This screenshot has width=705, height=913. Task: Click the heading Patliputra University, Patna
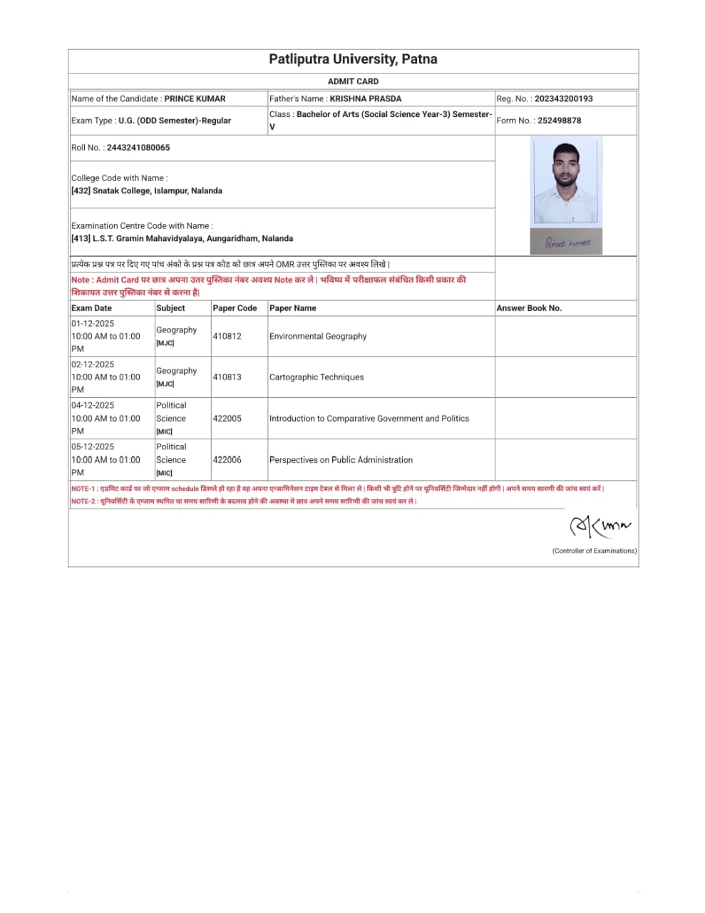[x=353, y=59]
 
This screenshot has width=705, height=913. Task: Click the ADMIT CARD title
[x=353, y=81]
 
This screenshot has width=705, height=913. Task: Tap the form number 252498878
[x=559, y=121]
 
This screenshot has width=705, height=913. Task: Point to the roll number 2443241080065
[x=138, y=148]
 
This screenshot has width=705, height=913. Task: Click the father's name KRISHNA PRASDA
[x=365, y=98]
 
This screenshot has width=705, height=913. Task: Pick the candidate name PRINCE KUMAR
[x=195, y=98]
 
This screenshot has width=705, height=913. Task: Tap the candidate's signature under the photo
[x=567, y=243]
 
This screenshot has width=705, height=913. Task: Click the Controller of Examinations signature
[x=599, y=527]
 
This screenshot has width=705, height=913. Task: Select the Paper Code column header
[x=235, y=308]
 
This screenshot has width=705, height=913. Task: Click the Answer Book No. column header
[x=529, y=308]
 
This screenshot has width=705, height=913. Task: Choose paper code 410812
[x=227, y=336]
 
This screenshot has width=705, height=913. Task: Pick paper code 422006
[x=227, y=460]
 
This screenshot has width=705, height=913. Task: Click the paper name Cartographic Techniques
[x=317, y=377]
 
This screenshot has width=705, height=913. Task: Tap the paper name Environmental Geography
[x=318, y=336]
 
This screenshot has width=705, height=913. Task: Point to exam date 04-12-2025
[x=93, y=405]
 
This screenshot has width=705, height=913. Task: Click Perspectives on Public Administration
[x=341, y=460]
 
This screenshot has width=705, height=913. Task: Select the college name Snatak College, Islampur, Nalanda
[x=157, y=191]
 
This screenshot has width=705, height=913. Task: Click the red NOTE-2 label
[x=83, y=501]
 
